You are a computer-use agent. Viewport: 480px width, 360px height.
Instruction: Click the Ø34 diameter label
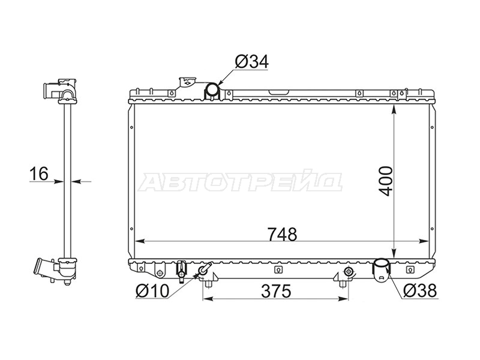(x=251, y=62)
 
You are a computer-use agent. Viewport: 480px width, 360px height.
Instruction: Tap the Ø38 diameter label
(x=419, y=290)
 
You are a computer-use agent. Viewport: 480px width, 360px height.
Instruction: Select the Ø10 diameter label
(x=152, y=291)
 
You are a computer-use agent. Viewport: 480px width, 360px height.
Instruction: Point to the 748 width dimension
(x=282, y=235)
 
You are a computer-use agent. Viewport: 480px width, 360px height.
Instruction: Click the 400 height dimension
(x=385, y=181)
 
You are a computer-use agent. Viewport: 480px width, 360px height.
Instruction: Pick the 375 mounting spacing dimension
(x=276, y=291)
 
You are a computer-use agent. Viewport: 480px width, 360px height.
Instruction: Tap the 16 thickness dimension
(x=39, y=173)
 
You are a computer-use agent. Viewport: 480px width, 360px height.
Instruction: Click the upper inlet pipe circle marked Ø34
(x=212, y=89)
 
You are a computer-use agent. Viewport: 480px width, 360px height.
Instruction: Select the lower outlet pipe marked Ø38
(x=381, y=268)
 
